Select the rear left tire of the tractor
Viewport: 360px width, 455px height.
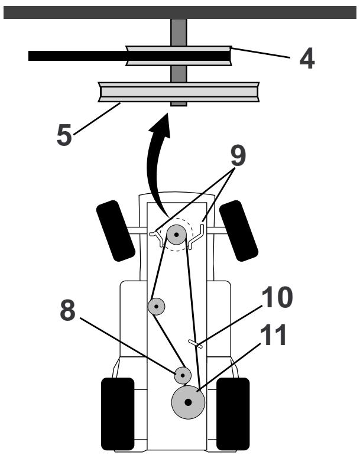coord(118,413)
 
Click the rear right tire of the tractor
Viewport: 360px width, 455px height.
coord(233,413)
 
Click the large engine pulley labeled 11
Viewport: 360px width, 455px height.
coord(188,402)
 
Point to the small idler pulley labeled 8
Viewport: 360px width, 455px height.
coord(182,375)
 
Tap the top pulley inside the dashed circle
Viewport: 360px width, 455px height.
coord(176,235)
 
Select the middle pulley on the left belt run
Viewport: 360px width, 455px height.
coord(156,306)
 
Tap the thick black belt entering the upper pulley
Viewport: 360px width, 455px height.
coord(77,56)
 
